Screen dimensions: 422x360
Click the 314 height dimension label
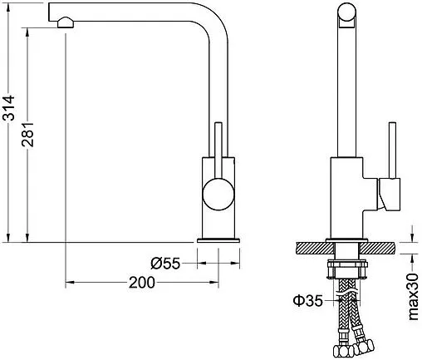pyautogui.click(x=8, y=107)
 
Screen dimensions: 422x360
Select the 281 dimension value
pyautogui.click(x=28, y=134)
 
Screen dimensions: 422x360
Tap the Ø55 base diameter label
pyautogui.click(x=165, y=264)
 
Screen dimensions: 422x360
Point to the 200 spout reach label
pyautogui.click(x=142, y=283)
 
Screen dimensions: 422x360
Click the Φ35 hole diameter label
pyautogui.click(x=308, y=300)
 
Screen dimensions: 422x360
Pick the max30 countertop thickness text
pyautogui.click(x=413, y=297)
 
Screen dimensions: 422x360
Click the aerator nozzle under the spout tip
pyautogui.click(x=66, y=22)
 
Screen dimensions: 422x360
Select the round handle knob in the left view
pyautogui.click(x=218, y=194)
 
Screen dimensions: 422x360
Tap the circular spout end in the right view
pyautogui.click(x=346, y=12)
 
